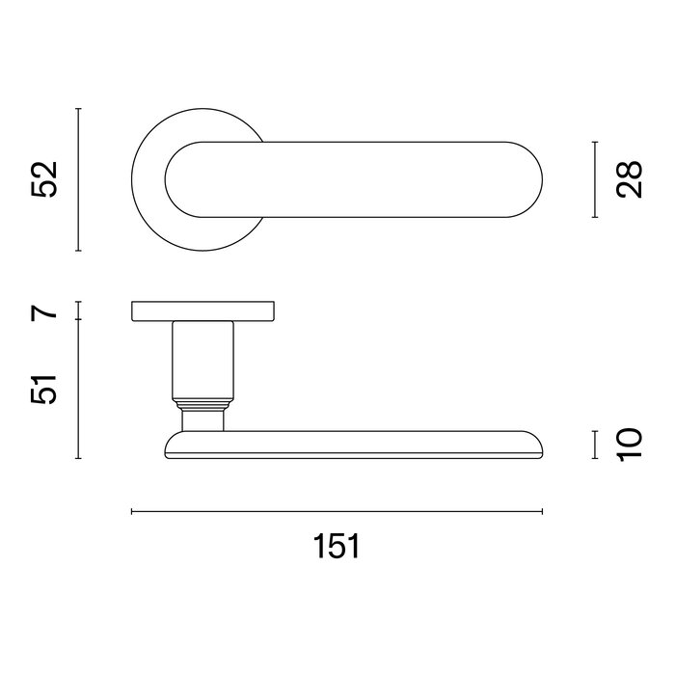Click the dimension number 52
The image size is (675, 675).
(x=44, y=179)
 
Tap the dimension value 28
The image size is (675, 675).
(x=631, y=179)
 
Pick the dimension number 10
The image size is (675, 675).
(x=631, y=445)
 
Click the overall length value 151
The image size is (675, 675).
(x=337, y=547)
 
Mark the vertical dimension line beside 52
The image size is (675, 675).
(x=78, y=179)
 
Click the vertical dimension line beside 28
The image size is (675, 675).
(x=596, y=179)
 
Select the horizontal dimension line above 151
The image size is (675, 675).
(x=337, y=512)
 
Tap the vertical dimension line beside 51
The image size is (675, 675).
(x=78, y=390)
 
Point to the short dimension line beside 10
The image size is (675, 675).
(x=596, y=445)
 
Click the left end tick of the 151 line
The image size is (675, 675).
(x=131, y=512)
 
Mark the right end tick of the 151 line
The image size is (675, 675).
(x=543, y=512)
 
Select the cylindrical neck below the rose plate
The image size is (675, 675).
(x=203, y=357)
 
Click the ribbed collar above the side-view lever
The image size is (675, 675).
(x=203, y=399)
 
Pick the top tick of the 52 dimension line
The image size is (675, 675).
(x=78, y=109)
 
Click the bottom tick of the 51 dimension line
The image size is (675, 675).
(x=78, y=458)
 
